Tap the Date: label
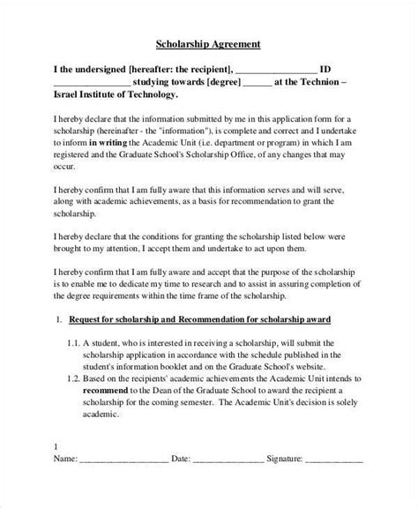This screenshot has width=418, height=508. [180, 485]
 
